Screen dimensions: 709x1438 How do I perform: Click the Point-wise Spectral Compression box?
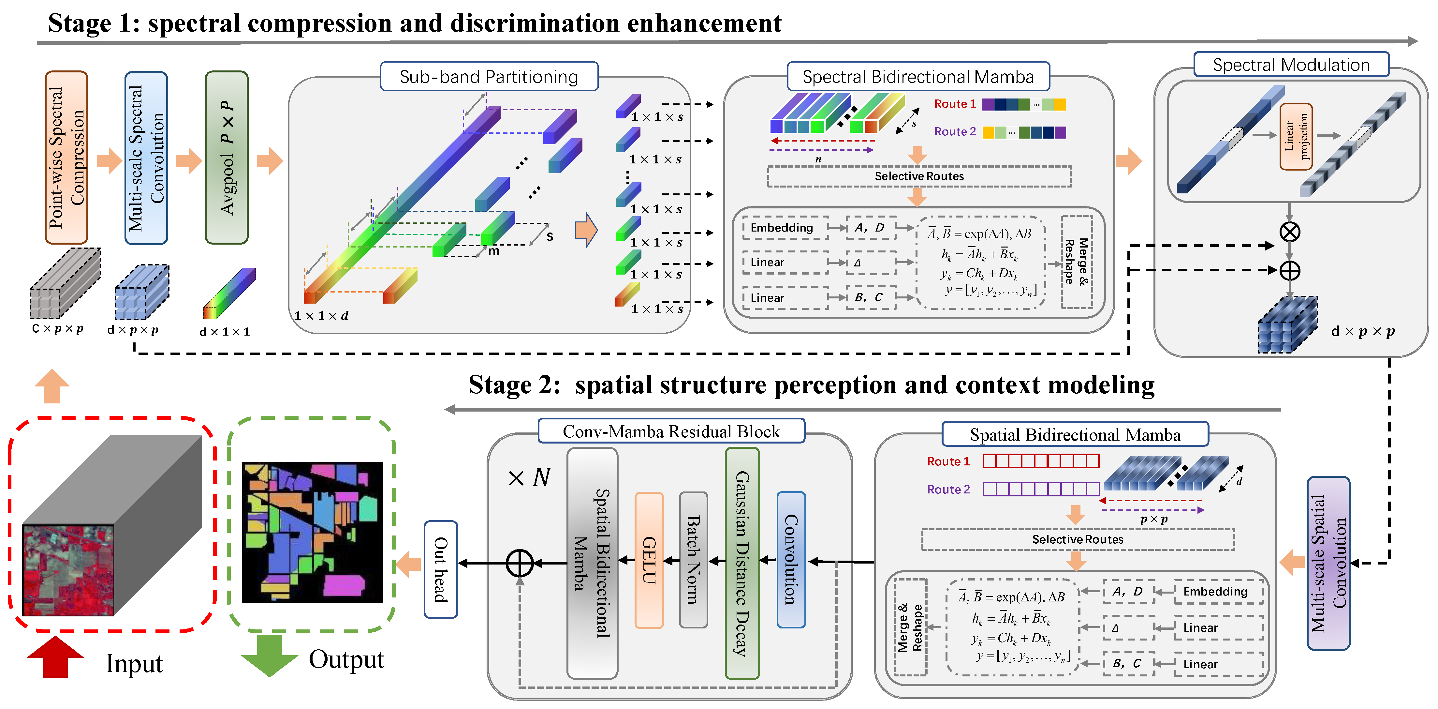tap(66, 158)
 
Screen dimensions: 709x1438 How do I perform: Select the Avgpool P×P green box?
tap(227, 158)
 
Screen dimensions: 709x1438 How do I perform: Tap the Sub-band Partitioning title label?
tap(489, 77)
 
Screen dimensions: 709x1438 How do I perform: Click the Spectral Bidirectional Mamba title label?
tap(918, 77)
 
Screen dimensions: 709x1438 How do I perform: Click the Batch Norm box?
tap(693, 560)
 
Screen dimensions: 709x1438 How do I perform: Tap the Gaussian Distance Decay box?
tap(742, 563)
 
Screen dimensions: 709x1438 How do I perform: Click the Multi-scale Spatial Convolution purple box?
tap(1328, 563)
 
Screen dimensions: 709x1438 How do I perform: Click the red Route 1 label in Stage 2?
tap(948, 461)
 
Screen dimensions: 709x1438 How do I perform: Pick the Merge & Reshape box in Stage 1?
tap(1076, 262)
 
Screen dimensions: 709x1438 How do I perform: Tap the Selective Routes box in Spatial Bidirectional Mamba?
tap(1078, 539)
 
